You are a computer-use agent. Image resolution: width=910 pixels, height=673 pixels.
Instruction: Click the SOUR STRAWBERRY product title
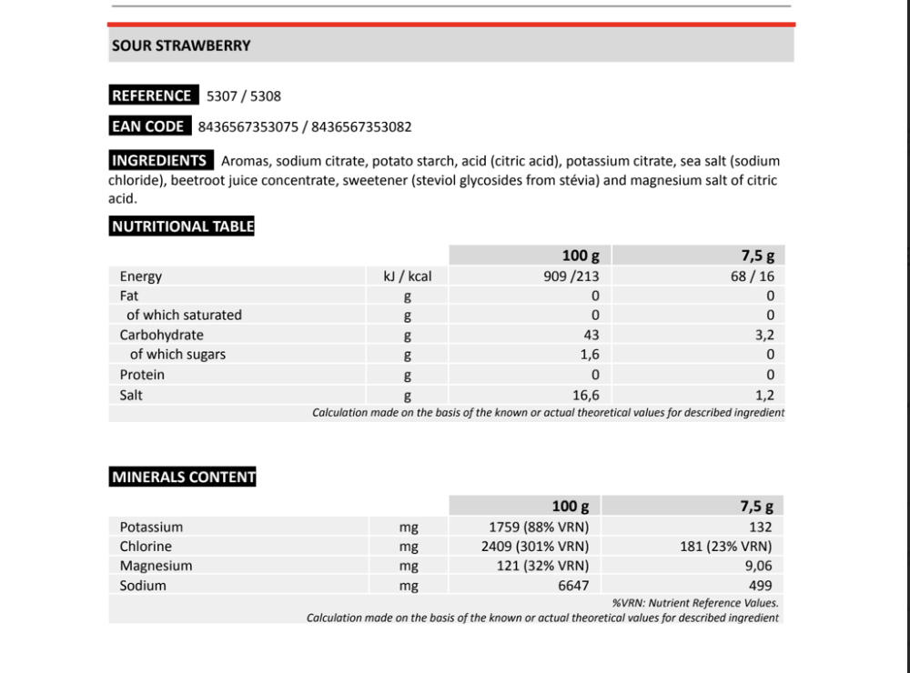point(181,45)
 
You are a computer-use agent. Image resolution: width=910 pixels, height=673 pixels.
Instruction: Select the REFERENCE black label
point(151,95)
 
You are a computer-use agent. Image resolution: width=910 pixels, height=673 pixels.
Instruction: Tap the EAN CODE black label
point(148,126)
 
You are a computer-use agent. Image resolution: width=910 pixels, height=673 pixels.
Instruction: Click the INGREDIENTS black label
point(159,161)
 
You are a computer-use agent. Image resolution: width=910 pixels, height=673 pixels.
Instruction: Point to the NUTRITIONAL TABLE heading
point(182,226)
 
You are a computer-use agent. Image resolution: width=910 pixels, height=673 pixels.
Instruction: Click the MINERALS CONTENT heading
point(183,477)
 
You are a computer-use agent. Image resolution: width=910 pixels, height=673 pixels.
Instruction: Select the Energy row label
point(141,276)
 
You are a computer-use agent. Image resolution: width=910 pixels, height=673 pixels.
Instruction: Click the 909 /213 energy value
point(571,276)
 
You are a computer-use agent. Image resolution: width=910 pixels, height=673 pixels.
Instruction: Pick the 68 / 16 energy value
point(753,276)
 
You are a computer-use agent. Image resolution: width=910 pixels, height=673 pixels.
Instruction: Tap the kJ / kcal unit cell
point(408,276)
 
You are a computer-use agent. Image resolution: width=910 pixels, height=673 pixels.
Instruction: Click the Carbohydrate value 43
point(591,335)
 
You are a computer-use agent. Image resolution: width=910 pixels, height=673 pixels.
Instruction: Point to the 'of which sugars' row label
point(177,355)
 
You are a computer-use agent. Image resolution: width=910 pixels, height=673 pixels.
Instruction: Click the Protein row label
point(143,375)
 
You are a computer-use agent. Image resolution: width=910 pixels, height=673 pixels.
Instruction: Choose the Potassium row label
point(151,527)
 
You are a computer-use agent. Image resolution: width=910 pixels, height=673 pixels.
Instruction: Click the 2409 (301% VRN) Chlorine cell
point(535,547)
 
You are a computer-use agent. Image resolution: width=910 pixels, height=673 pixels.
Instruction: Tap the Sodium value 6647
point(573,586)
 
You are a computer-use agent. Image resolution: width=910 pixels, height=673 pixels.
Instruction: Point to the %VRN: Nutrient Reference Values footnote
point(695,602)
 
